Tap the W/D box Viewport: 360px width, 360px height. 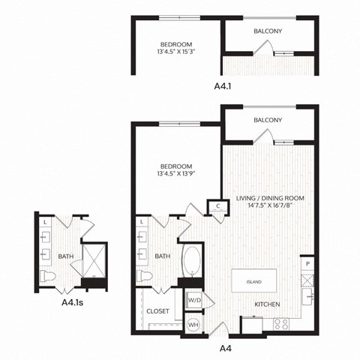point(193,300)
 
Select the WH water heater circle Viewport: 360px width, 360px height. point(193,324)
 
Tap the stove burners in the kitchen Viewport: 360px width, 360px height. point(282,325)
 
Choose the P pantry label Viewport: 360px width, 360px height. point(307,265)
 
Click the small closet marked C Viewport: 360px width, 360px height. point(217,205)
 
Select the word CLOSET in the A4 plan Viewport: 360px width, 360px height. point(157,310)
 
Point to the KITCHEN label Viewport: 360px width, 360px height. point(267,304)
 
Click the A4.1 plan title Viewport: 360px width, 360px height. point(223,87)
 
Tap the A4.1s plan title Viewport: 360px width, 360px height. point(73,304)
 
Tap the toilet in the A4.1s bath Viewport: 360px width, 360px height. point(46,278)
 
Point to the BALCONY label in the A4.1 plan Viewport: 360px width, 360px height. point(268,31)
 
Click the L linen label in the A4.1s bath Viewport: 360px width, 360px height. point(45,223)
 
